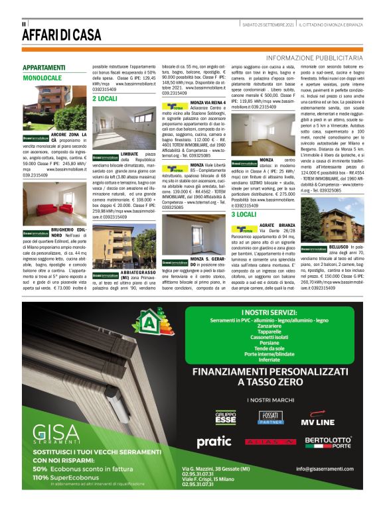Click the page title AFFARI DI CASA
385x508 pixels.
[x=62, y=35]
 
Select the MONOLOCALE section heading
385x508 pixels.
[x=42, y=78]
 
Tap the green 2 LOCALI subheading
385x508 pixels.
[x=105, y=98]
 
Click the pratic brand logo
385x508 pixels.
[x=214, y=441]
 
